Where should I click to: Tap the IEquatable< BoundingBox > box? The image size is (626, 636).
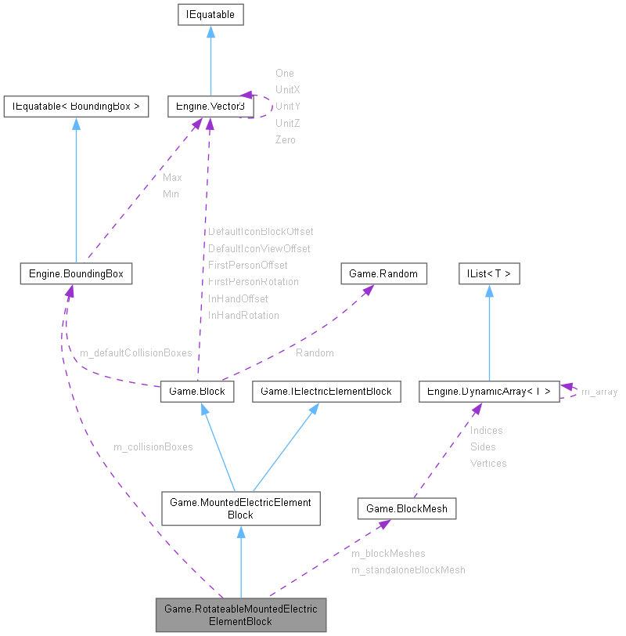76,106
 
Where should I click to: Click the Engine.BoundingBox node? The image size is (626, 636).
76,273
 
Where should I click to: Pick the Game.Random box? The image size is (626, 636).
384,273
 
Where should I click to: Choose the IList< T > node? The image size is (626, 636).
489,273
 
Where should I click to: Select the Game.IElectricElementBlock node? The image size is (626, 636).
326,391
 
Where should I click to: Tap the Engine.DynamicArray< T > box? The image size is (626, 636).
489,391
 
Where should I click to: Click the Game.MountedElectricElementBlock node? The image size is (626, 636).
240,508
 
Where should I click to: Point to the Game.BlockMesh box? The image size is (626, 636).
407,508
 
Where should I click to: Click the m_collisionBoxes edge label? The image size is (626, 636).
153,447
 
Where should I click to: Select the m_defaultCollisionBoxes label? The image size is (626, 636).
135,353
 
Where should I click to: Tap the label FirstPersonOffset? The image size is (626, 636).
247,266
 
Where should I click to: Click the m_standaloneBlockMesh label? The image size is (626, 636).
408,570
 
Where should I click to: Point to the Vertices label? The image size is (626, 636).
487,464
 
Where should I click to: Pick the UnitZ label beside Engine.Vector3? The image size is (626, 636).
287,123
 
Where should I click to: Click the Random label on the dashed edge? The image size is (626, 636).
315,353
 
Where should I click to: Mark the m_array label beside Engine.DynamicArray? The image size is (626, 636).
599,392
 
